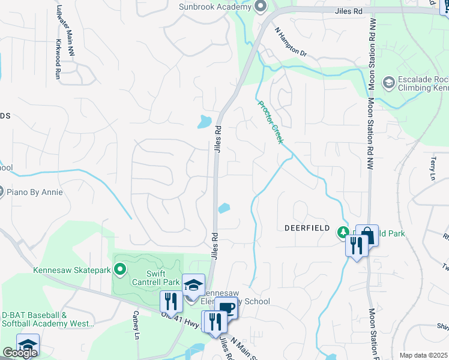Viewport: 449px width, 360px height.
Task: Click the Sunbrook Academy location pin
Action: pos(260,7)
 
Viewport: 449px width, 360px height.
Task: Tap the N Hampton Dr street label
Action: pos(291,42)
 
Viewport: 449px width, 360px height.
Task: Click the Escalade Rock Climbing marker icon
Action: pos(388,82)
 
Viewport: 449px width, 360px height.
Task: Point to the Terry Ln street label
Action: pos(432,169)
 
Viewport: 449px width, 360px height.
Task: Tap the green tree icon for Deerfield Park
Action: pos(343,232)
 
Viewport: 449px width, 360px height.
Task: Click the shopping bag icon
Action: pos(367,235)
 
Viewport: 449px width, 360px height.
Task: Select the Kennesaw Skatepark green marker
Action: pos(120,270)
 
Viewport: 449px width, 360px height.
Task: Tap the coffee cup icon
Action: pos(226,308)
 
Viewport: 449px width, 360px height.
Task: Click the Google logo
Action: pos(20,352)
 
